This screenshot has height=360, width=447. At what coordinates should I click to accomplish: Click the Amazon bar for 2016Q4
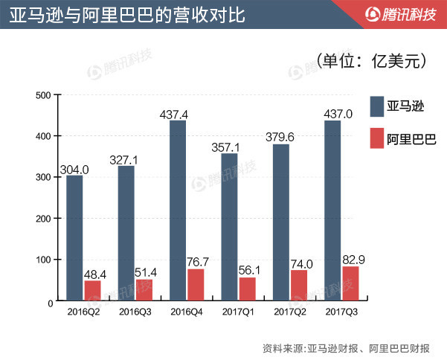178,212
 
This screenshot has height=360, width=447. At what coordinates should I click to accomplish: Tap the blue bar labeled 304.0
74,240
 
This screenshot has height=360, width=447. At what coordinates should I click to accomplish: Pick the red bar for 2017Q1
247,290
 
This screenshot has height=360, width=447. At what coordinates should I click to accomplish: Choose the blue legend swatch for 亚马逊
376,104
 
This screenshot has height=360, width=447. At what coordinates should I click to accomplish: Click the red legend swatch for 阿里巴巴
376,138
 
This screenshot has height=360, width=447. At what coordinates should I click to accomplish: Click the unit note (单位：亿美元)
372,61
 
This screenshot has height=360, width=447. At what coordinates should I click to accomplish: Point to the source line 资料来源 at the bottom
350,347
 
